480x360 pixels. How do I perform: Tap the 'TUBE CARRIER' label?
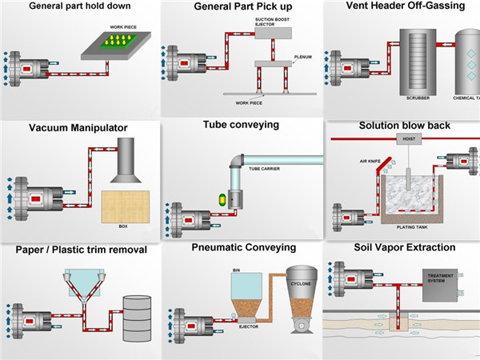pyautogui.click(x=264, y=169)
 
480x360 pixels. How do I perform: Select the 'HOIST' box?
pyautogui.click(x=409, y=138)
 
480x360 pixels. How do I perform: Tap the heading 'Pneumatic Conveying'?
pyautogui.click(x=244, y=248)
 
